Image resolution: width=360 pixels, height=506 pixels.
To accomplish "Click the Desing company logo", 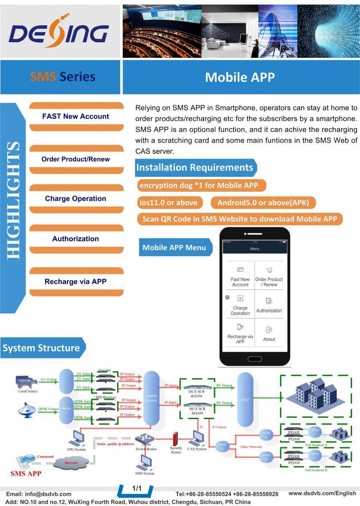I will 59,32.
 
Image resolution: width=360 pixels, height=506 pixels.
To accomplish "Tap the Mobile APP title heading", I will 239,77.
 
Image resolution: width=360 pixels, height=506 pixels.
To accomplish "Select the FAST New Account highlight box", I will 76,116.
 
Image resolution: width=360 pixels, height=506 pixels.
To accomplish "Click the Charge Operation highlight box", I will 76,199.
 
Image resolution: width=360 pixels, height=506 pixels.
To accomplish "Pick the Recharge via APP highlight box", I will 76,282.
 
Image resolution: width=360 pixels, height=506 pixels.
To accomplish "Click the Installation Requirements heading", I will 194,167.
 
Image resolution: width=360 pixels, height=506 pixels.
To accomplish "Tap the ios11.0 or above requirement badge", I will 169,202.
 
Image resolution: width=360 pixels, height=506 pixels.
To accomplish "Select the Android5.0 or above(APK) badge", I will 263,202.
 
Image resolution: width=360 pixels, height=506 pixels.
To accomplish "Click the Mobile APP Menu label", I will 174,248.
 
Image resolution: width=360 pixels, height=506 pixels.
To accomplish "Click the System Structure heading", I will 41,348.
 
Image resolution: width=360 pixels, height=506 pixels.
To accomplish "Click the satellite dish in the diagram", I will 27,410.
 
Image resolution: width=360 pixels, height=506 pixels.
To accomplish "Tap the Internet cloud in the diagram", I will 71,463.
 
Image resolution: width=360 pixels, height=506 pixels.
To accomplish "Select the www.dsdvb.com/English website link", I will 322,493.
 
